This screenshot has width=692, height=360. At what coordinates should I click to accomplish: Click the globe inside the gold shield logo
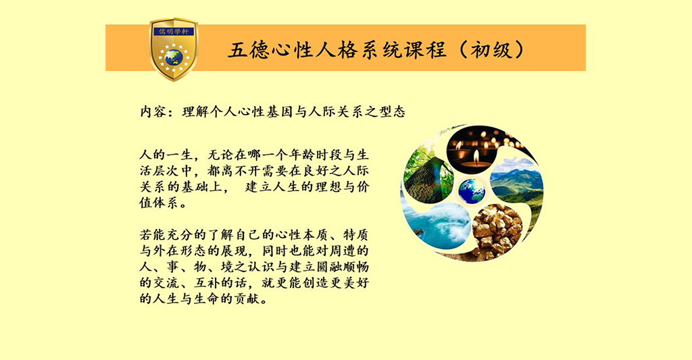174,57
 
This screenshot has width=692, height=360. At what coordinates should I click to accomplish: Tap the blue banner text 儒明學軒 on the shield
174,32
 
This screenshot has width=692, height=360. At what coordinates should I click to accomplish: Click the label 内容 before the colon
153,111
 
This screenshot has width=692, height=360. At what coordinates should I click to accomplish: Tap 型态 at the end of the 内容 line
392,111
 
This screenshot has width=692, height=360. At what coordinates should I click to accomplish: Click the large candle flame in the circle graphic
476,157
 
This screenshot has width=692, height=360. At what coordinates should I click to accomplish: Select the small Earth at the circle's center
471,191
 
